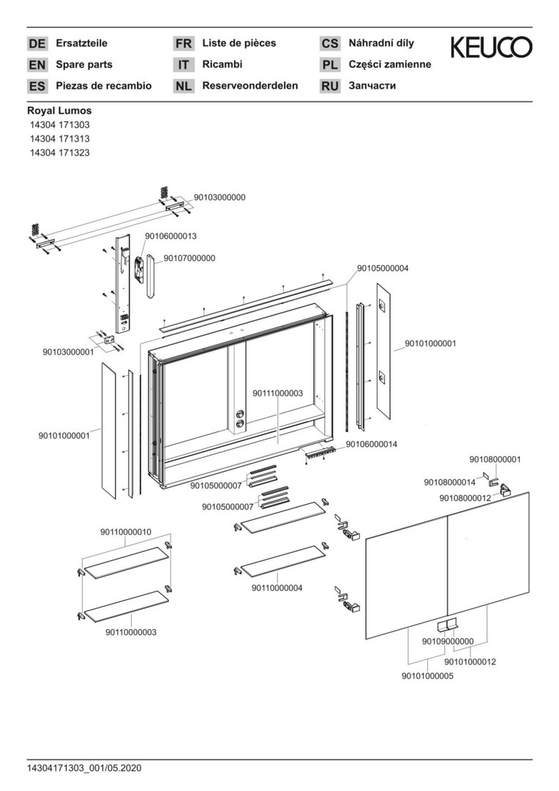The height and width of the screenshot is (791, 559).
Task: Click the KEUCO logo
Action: tap(491, 48)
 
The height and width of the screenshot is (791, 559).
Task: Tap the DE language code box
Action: tap(37, 44)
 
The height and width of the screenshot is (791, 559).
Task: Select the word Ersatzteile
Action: tap(82, 43)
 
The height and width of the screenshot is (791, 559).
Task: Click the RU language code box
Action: tap(330, 86)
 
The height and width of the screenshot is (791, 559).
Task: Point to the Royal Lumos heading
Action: tap(59, 111)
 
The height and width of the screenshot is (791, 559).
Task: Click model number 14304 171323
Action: tap(59, 153)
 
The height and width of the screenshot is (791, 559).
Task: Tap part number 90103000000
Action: tap(220, 198)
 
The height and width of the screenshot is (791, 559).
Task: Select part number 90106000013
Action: tap(170, 236)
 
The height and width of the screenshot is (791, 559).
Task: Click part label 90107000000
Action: tap(190, 258)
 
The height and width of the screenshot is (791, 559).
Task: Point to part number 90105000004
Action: tap(383, 268)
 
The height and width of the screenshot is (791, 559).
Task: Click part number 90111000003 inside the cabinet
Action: tap(277, 393)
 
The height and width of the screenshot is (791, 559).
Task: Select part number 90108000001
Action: tap(495, 459)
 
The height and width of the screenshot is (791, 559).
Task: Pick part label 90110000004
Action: tap(277, 587)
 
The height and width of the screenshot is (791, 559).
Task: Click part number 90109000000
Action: tap(448, 642)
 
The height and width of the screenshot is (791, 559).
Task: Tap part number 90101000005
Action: tap(427, 676)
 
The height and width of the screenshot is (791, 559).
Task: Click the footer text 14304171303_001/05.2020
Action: tap(84, 768)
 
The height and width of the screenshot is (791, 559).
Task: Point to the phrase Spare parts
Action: tap(84, 64)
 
